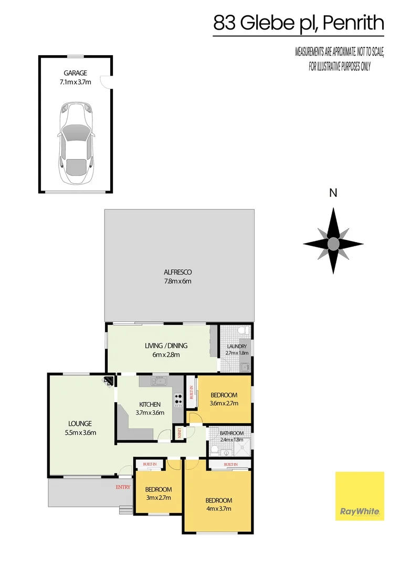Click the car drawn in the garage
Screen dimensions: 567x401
(x=76, y=143)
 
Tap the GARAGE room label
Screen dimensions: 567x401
(x=76, y=73)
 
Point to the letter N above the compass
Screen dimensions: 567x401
(x=333, y=193)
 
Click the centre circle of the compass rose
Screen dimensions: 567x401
(x=333, y=243)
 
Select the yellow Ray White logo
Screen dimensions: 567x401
(x=360, y=496)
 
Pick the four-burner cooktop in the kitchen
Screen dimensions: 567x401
(x=178, y=400)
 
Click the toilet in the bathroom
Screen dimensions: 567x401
(x=215, y=449)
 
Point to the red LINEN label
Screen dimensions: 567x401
(x=180, y=433)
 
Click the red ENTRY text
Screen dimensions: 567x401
(x=123, y=487)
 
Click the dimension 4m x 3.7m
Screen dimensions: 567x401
(x=219, y=509)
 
